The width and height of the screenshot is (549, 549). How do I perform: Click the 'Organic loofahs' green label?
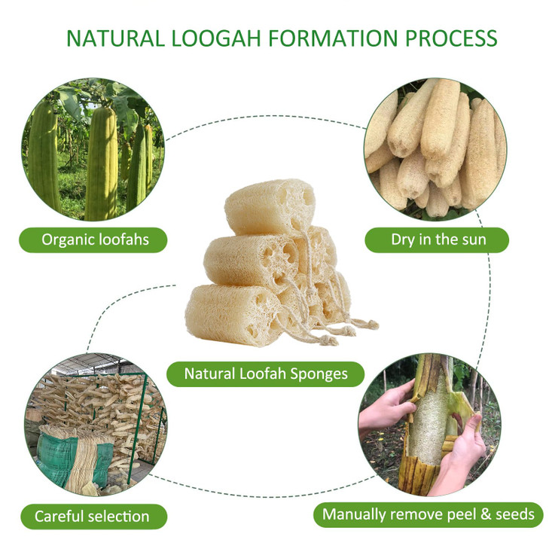coord(94,239)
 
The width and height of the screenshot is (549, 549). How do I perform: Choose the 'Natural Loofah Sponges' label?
coord(265,373)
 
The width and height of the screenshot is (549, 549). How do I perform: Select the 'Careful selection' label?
coord(92,516)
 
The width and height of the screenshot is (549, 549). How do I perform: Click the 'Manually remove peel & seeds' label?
coord(429,514)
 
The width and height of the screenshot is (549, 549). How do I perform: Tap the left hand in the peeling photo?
coord(389,407)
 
